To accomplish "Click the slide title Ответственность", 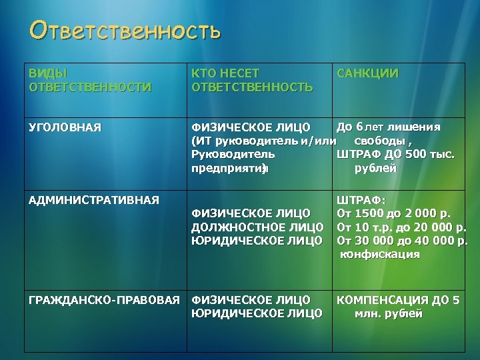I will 125,31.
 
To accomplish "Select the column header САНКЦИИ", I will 368,73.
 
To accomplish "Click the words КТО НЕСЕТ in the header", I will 225,73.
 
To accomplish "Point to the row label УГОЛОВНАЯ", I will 65,127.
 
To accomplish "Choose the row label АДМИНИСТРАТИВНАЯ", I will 93,199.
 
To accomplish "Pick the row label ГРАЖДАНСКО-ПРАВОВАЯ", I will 105,300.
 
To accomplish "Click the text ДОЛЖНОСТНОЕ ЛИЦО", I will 257,227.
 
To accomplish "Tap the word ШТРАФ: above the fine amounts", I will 357,200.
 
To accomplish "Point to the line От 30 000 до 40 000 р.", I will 403,240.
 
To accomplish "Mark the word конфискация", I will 380,254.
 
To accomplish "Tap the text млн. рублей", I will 389,314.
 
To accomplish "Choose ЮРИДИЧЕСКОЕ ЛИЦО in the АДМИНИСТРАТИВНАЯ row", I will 257,240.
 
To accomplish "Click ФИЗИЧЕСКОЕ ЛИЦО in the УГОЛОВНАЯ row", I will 251,127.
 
